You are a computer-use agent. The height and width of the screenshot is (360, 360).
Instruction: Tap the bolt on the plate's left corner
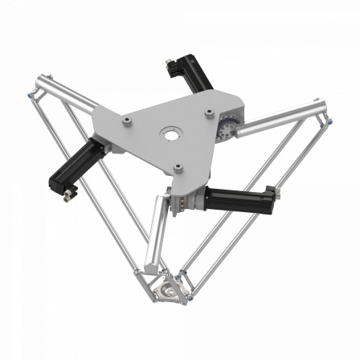tap(126, 121)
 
